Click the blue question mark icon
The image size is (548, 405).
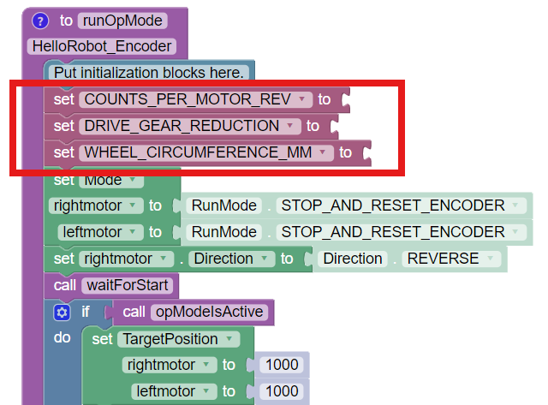[40, 20]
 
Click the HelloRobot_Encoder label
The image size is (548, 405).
[101, 46]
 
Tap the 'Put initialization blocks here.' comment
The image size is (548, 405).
[150, 73]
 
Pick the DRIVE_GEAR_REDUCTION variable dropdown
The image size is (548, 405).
[191, 126]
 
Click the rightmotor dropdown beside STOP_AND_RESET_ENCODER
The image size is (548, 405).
[96, 205]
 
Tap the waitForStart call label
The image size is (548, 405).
[128, 285]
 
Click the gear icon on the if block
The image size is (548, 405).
[61, 313]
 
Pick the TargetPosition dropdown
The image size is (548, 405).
[178, 339]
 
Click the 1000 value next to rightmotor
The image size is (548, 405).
[283, 365]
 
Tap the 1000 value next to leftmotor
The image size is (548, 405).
[283, 391]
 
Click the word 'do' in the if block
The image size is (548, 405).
[62, 338]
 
